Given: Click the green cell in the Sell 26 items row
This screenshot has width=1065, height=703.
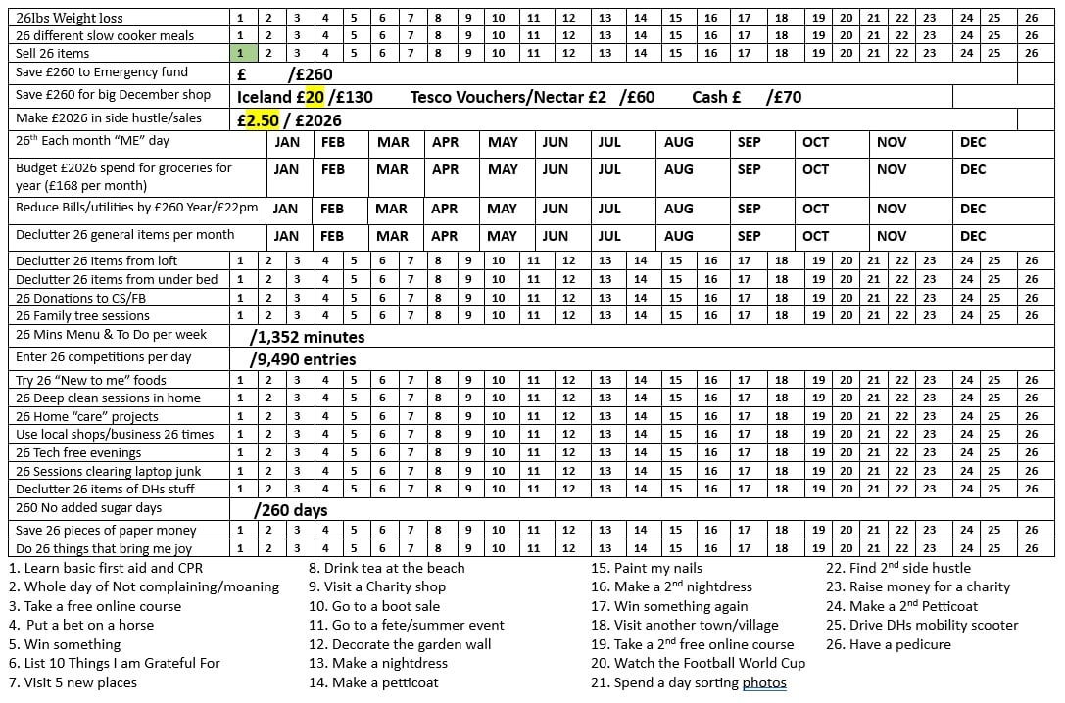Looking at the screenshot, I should (x=241, y=53).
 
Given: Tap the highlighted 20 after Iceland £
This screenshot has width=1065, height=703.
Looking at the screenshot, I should (x=314, y=97).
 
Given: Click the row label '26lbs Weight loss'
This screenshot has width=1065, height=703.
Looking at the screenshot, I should (x=69, y=18).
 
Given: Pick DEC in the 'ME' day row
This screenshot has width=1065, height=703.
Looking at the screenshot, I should (x=973, y=142).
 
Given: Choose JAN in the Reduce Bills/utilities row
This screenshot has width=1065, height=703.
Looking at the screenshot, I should (x=285, y=209).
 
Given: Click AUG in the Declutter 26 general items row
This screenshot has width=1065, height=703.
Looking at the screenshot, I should (x=678, y=236).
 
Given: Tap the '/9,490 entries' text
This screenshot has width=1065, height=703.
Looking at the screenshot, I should (x=303, y=359).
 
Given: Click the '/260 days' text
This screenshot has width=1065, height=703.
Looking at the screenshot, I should (x=290, y=510).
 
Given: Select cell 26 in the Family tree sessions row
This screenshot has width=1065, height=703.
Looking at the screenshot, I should (x=1031, y=315).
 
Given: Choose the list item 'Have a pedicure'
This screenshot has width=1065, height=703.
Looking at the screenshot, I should (x=888, y=644).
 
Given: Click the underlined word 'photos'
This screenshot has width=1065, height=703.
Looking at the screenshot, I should (x=764, y=682).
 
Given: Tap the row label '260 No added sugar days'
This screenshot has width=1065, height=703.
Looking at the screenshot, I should (x=88, y=508).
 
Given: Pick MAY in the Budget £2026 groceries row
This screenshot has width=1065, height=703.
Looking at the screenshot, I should (x=503, y=169).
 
